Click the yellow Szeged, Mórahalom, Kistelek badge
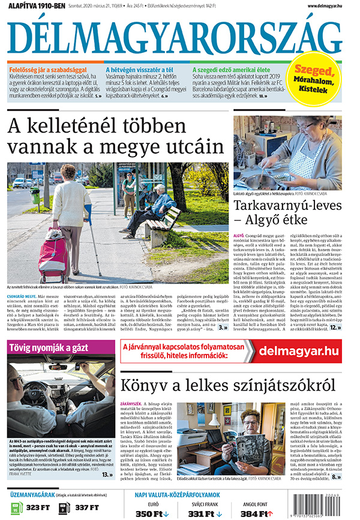(317, 79)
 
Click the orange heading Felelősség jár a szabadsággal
(47, 70)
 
